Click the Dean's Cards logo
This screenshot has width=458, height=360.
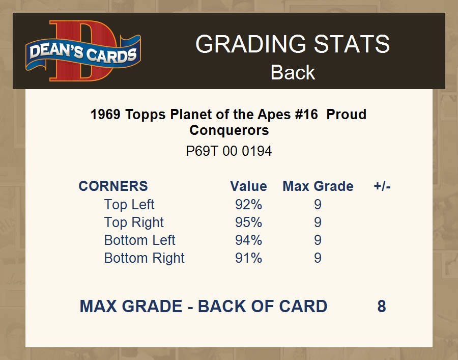(83, 51)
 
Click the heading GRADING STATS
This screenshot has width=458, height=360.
(293, 44)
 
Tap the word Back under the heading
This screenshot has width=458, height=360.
(293, 72)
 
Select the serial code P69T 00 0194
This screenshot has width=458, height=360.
(229, 151)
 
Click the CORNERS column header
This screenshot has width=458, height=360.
(113, 186)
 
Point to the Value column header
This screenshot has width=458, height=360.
(248, 186)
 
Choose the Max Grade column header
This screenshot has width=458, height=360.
(318, 186)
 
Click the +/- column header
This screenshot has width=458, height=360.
(382, 186)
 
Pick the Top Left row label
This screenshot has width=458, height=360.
(129, 204)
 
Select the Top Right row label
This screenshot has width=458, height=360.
(134, 223)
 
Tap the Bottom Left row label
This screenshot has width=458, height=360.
(139, 240)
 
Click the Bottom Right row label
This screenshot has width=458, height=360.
(145, 258)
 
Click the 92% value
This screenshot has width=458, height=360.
(248, 205)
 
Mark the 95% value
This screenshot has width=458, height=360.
(248, 223)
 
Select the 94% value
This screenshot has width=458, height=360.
(248, 240)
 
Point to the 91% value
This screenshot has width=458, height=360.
(248, 258)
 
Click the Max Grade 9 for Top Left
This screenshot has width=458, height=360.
(318, 205)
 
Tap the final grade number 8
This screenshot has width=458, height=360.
(382, 306)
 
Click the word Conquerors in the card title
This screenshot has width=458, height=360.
(229, 130)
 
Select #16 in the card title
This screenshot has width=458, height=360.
(306, 114)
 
